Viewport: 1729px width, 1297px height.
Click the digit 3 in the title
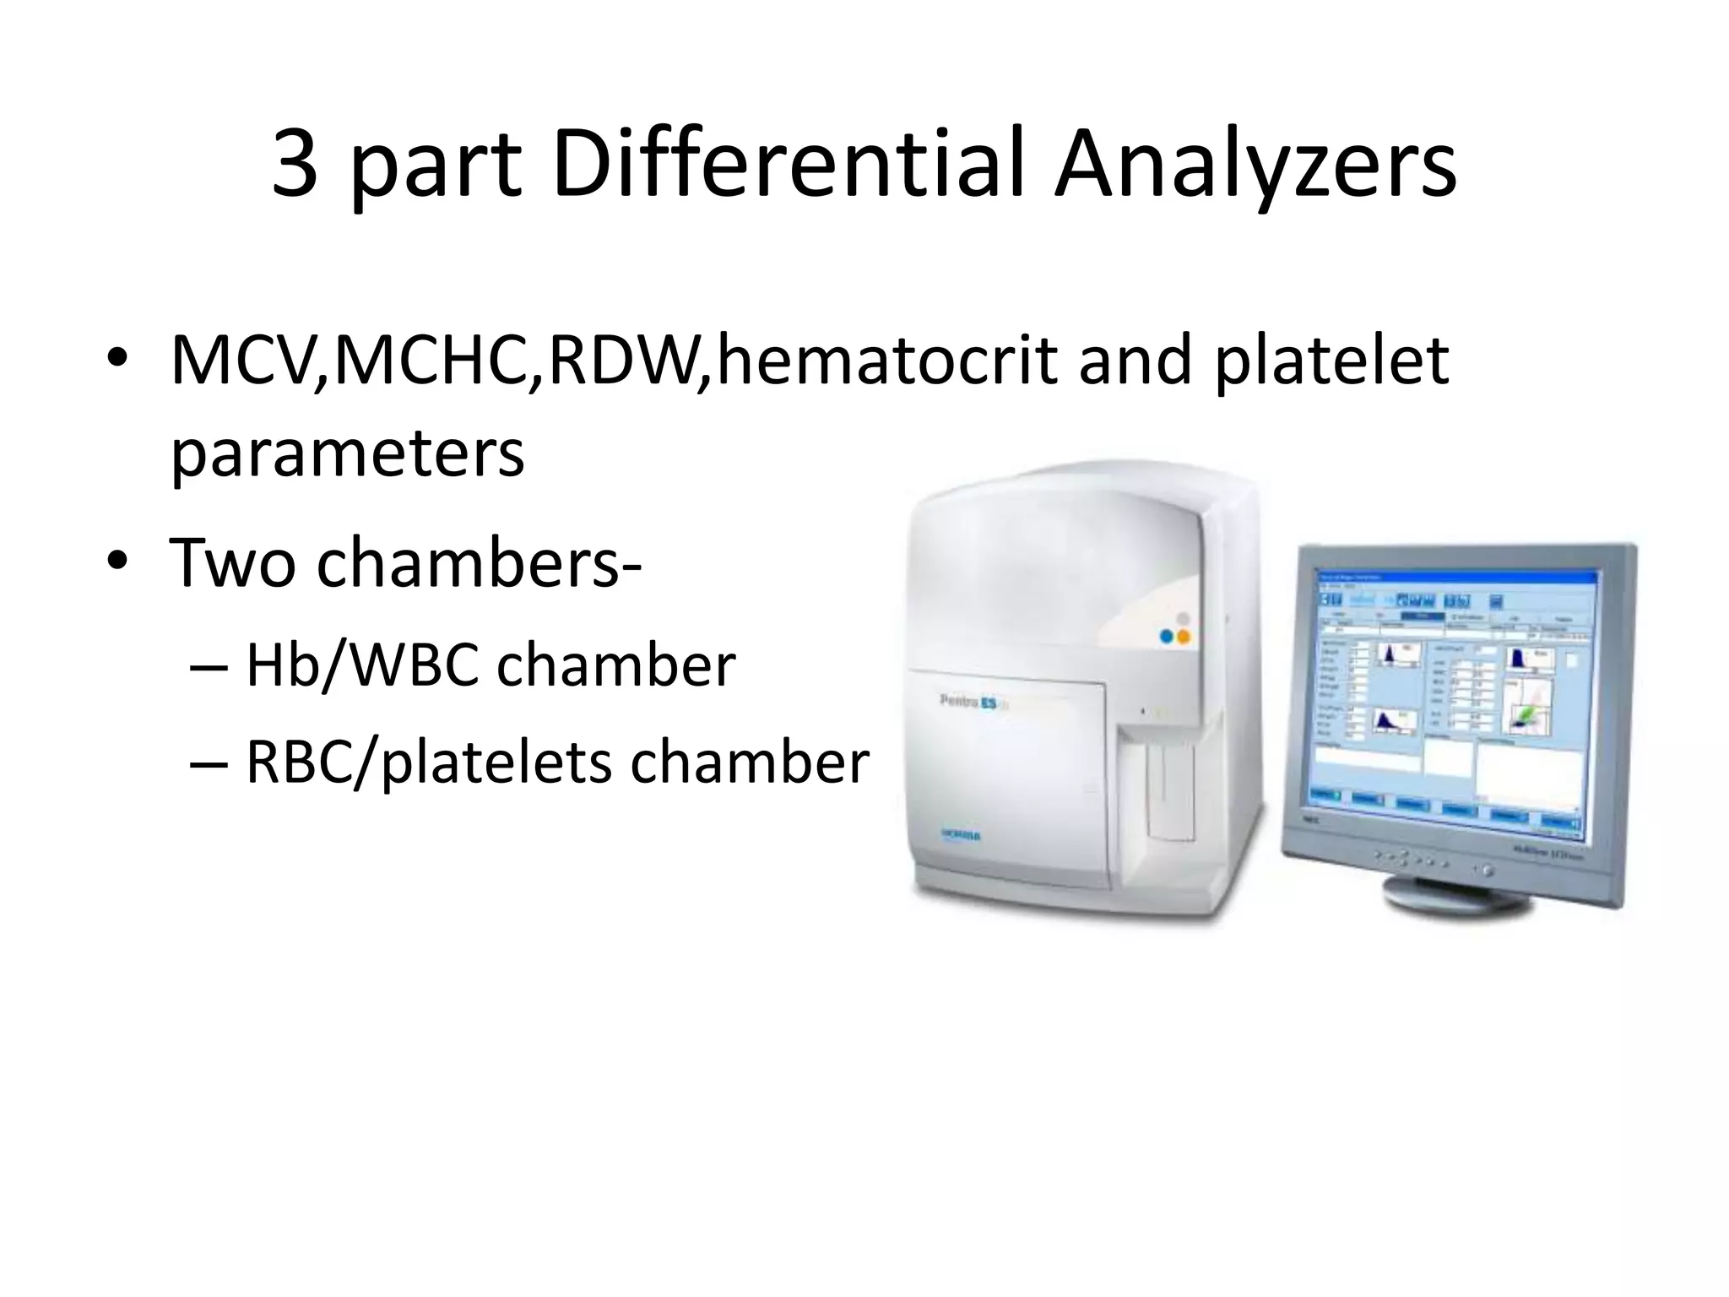pos(296,165)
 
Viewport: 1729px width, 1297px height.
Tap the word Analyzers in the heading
pos(1255,165)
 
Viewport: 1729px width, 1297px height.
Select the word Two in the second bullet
pos(233,562)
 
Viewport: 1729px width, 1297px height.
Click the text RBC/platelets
pos(427,762)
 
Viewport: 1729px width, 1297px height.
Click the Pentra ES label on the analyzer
pos(971,700)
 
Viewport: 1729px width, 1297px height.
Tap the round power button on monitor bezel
pos(1483,870)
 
